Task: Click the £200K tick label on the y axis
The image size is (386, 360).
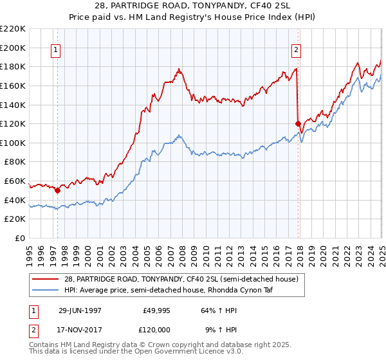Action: click(13, 48)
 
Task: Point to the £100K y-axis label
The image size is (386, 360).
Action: click(13, 143)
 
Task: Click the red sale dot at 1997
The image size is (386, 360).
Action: click(57, 190)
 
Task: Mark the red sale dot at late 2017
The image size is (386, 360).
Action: click(298, 123)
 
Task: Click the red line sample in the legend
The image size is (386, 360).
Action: click(46, 279)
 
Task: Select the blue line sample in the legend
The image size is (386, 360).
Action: click(46, 290)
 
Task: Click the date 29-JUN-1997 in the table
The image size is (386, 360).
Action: click(80, 309)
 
